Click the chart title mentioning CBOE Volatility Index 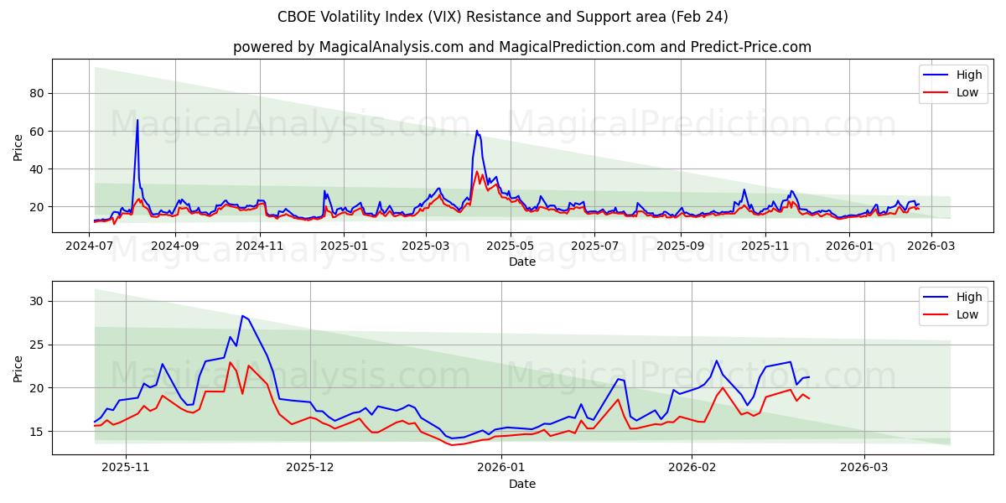point(503,17)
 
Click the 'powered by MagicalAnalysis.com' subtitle point(521,47)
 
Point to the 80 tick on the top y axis point(37,93)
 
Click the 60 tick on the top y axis point(37,131)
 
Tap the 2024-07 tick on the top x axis point(90,246)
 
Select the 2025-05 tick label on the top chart point(511,246)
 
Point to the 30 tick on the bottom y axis point(37,301)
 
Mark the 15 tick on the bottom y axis point(37,432)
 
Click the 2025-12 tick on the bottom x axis point(310,468)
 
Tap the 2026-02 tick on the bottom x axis point(692,468)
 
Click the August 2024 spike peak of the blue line point(137,120)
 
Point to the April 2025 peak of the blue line point(476,131)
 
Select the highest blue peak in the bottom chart point(242,316)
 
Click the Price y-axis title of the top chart point(18,148)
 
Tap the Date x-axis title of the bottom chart point(521,484)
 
